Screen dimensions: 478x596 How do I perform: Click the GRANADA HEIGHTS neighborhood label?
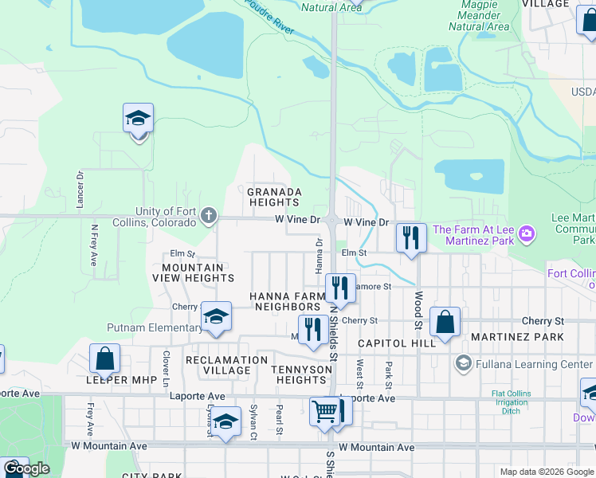click(x=274, y=198)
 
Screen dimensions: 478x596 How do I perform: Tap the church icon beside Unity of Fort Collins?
click(x=208, y=215)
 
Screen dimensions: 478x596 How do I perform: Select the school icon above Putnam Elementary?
click(x=215, y=316)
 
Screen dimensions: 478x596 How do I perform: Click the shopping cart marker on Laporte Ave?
click(x=324, y=411)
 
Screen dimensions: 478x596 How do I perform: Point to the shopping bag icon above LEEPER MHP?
click(x=104, y=358)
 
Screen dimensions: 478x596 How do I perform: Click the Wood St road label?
click(x=417, y=309)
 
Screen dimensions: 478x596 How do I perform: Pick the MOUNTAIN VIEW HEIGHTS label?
click(x=198, y=272)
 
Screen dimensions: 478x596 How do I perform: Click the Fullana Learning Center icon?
click(x=462, y=364)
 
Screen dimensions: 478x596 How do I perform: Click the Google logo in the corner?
click(x=26, y=468)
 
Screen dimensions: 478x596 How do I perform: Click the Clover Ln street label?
click(x=166, y=363)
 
